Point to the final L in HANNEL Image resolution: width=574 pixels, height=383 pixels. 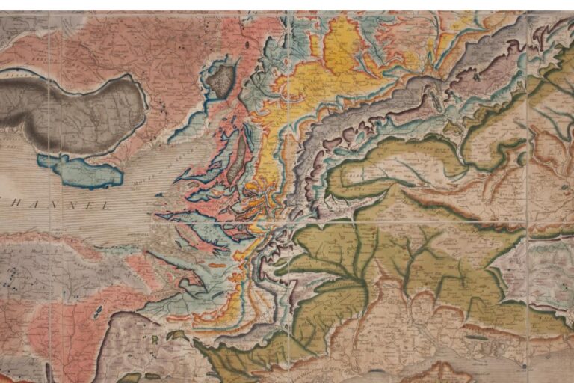[104, 206]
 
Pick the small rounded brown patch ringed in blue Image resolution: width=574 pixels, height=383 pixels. [220, 80]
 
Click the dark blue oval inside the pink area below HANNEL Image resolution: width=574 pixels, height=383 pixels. [98, 310]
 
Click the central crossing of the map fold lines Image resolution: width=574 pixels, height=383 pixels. [288, 222]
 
